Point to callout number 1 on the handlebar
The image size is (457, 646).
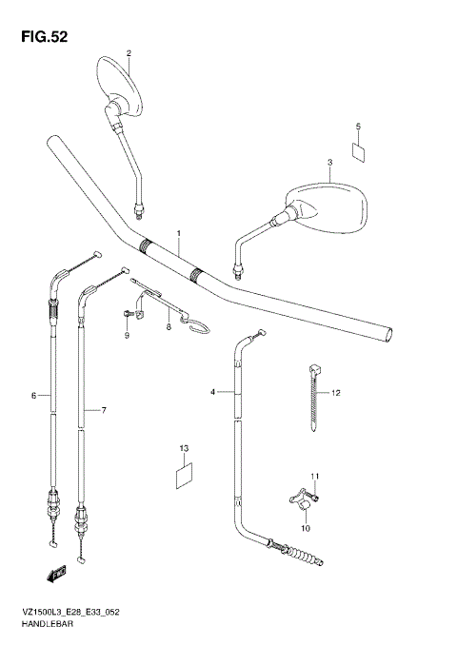coord(177,233)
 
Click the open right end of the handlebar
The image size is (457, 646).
coord(387,333)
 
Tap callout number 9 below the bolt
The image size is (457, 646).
coord(126,336)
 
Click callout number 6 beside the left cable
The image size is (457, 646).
coord(33,395)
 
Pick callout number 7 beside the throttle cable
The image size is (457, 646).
coord(103,410)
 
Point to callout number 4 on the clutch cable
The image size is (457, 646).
coord(213,391)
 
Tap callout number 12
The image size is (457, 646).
coord(335,392)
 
